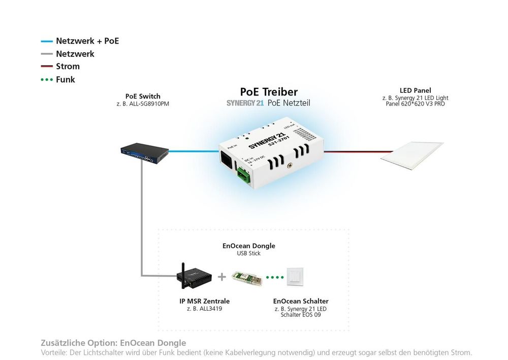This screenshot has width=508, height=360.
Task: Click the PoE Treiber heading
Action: click(269, 92)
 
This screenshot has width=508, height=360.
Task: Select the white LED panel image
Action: click(412, 155)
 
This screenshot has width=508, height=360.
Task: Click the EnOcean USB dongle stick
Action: click(247, 278)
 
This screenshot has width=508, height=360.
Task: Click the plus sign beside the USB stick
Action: click(221, 277)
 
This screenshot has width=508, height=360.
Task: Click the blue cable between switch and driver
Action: click(194, 150)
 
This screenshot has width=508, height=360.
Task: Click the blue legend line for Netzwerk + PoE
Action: click(47, 41)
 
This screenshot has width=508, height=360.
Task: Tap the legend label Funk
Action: click(66, 79)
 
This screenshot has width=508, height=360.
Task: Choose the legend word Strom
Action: click(68, 67)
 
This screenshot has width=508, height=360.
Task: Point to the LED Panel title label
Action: click(415, 91)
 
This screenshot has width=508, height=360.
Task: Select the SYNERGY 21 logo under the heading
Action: click(245, 103)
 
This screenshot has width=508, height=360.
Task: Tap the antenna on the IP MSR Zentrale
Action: click(182, 268)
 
